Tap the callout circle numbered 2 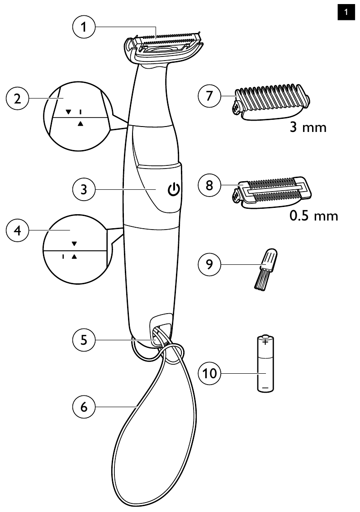coord(17,99)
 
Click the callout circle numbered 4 coord(17,230)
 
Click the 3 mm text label coord(308,127)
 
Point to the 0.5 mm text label coord(313,216)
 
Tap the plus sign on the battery coord(265,342)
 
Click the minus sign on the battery coord(265,387)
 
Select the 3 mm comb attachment coord(271,103)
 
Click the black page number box coord(346,12)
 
